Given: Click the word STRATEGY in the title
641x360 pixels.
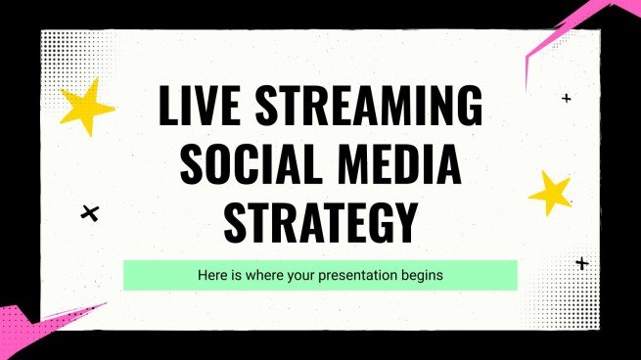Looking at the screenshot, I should [319, 220].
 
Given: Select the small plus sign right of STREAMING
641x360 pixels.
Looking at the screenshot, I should [566, 98].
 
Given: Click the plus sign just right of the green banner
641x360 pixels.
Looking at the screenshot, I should [582, 263].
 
